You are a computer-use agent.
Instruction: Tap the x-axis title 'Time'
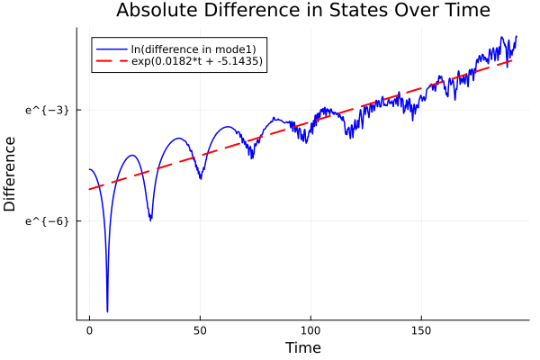(x=302, y=347)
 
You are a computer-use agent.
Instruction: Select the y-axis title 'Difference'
(x=10, y=174)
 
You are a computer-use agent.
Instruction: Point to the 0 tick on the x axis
(x=89, y=331)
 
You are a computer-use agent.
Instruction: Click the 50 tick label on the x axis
(x=200, y=331)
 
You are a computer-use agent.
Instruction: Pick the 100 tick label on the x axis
(x=310, y=331)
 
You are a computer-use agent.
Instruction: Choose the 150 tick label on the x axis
(x=421, y=331)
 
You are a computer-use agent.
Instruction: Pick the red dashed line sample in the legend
(x=112, y=61)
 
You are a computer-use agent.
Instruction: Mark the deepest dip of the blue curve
(x=107, y=310)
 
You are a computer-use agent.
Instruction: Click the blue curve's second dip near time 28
(x=150, y=219)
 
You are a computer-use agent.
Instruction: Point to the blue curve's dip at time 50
(x=200, y=177)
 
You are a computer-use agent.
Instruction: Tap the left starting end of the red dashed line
(x=90, y=189)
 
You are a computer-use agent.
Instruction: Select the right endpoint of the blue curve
(x=517, y=36)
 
